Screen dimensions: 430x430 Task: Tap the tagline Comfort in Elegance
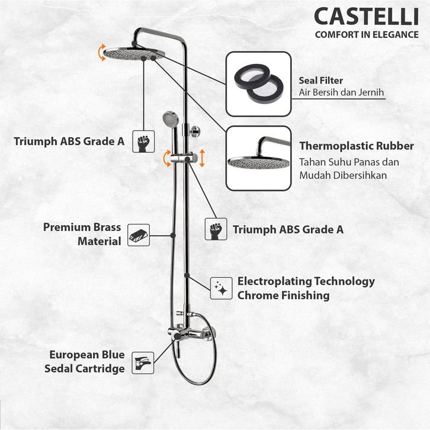[x=366, y=34]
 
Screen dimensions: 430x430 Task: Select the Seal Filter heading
[x=321, y=80]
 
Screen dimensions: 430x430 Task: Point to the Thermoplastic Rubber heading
[x=356, y=146]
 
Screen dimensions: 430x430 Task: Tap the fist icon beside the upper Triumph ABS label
[x=142, y=142]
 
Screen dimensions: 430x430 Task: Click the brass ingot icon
[x=139, y=235]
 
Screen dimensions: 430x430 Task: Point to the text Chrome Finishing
[x=283, y=295]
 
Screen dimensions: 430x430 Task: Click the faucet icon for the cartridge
[x=142, y=361]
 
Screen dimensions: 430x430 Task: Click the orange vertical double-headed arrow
[x=202, y=158]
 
